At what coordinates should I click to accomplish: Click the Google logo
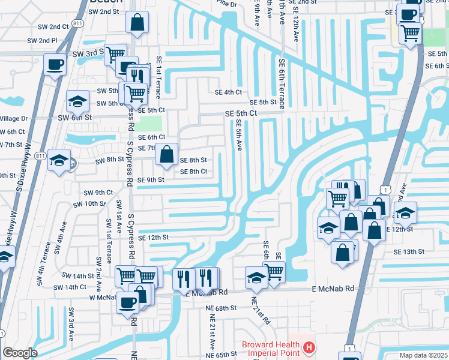(20, 353)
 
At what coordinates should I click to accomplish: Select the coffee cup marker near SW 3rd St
(55, 64)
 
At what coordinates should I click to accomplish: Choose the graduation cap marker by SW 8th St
(59, 160)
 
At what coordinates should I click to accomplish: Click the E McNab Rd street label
(333, 289)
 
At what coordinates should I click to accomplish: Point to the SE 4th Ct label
(228, 92)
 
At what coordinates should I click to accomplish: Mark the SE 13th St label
(409, 252)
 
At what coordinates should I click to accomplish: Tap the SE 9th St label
(151, 179)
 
